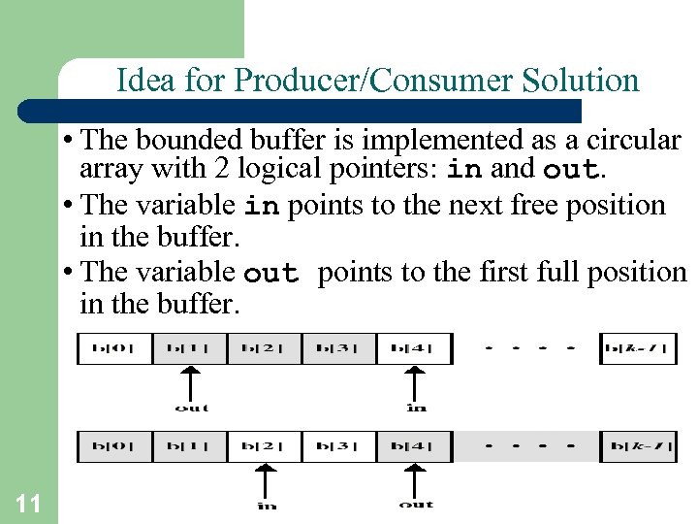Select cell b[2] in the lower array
pos(265,446)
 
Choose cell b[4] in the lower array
pos(415,446)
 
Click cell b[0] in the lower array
pos(114,446)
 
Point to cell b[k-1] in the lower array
pos(638,446)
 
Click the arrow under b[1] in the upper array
pos(191,382)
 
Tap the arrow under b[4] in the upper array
pos(416,382)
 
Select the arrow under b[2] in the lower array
pos(266,480)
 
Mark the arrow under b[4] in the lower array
pos(416,480)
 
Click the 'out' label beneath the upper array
pos(191,408)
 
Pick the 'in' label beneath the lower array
pos(267,505)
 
